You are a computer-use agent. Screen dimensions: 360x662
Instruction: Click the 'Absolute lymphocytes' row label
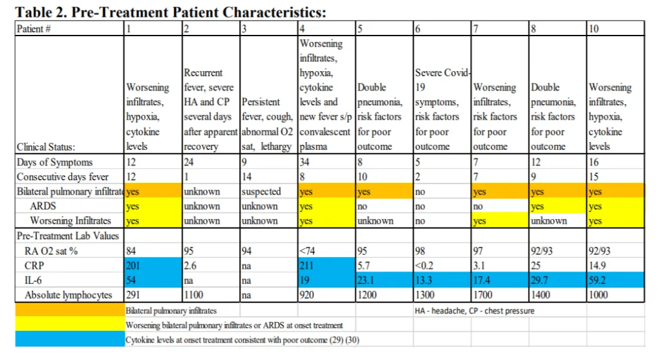(x=69, y=295)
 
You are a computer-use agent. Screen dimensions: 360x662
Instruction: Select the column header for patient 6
(x=418, y=28)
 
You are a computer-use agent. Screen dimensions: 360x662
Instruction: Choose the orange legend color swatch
(x=69, y=311)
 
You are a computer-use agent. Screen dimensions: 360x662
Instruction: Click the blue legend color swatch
(x=69, y=339)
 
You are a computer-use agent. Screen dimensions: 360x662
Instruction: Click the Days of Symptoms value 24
(x=189, y=162)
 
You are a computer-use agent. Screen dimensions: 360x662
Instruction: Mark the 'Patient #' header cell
(x=34, y=28)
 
